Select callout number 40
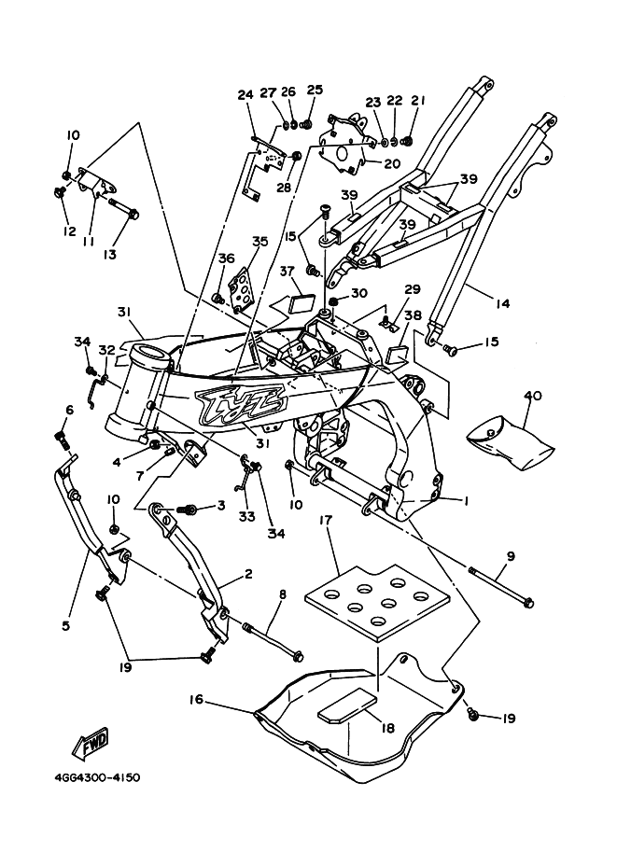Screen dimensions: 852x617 [x=533, y=396]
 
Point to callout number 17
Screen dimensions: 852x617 [x=325, y=519]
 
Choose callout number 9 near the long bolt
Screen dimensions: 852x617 [x=511, y=558]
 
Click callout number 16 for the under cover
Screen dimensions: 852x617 [x=197, y=698]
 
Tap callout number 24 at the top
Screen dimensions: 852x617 [x=245, y=94]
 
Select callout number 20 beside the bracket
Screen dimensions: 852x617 [x=390, y=161]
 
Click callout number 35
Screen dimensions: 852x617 [x=259, y=242]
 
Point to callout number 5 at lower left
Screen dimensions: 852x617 [x=66, y=625]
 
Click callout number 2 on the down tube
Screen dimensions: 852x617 [x=248, y=576]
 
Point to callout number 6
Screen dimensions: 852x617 [x=68, y=410]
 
